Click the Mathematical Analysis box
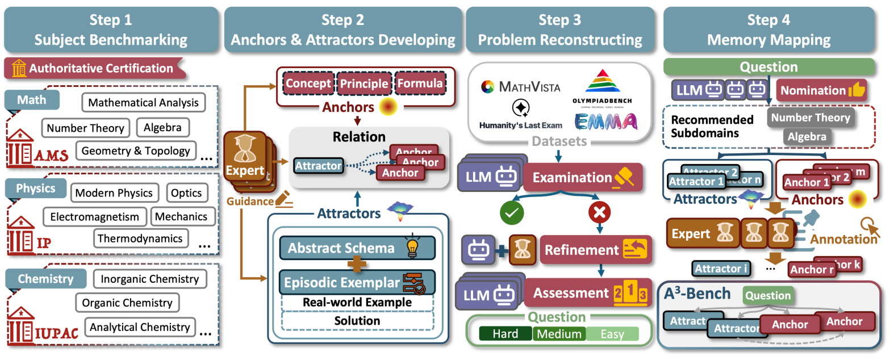[x=144, y=103]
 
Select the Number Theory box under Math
[x=86, y=128]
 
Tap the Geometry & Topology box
[x=135, y=151]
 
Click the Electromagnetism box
[x=94, y=216]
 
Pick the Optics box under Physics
[x=186, y=192]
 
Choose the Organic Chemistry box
[x=127, y=303]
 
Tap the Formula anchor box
[x=419, y=83]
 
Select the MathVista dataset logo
[x=520, y=87]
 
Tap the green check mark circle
[x=511, y=214]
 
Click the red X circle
[x=600, y=214]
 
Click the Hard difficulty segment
[x=505, y=334]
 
